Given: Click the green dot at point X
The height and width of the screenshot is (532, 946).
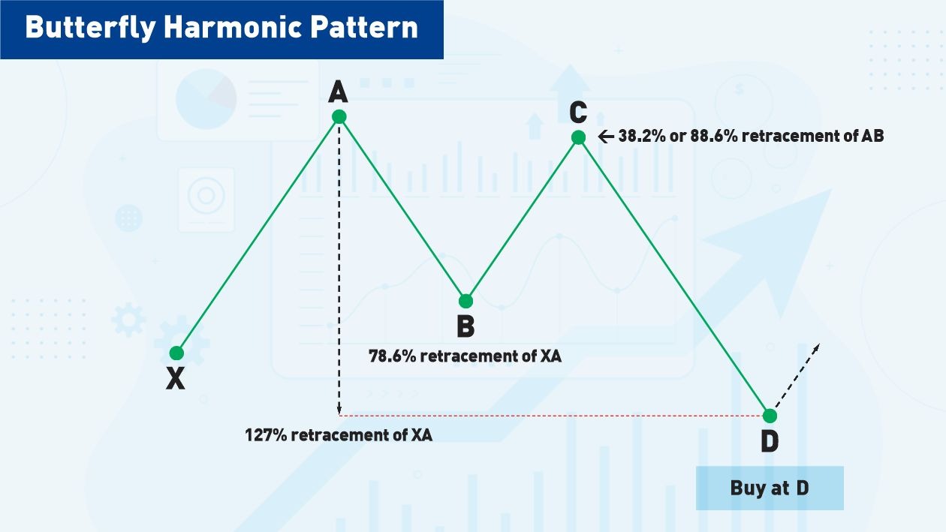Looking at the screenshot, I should point(176,353).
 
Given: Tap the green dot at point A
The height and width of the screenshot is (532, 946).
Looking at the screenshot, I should point(339,116).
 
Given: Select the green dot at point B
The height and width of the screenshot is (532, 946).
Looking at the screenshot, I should point(465,301).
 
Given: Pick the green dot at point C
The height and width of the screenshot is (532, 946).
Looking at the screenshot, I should point(578,137).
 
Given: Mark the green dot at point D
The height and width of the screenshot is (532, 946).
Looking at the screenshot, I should point(770,415).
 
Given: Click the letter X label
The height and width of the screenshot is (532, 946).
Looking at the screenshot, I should point(176,380).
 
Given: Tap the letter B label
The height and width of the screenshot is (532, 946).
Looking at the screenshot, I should point(465,327).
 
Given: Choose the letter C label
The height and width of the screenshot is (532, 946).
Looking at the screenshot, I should point(577,112).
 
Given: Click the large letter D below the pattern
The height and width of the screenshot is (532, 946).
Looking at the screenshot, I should point(770,442).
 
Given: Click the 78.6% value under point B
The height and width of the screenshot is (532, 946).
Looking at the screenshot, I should point(392,356).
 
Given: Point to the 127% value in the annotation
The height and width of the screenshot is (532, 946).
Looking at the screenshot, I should point(266,434).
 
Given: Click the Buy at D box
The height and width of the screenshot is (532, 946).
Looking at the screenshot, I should point(770,488).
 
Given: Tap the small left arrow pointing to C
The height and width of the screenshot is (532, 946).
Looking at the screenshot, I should point(606,137).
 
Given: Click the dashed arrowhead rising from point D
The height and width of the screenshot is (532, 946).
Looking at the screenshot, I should point(816,347).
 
